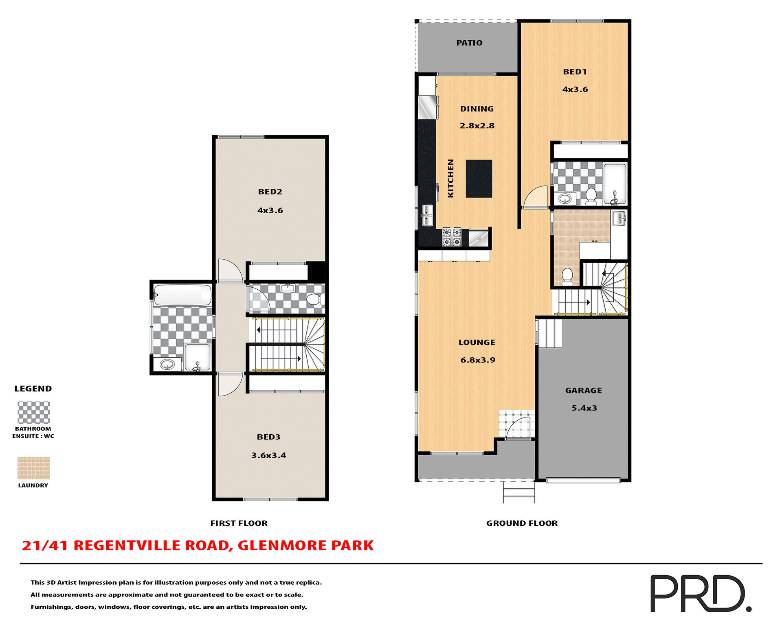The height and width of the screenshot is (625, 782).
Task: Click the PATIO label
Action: coord(469,43)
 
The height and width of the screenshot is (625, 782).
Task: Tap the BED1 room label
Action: coord(575,72)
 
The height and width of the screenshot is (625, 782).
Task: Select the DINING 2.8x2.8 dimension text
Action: coord(477,126)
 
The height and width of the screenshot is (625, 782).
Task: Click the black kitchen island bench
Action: coord(479,179)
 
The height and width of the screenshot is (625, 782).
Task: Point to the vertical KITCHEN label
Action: coord(450,178)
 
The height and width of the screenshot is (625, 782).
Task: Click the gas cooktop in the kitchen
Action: coord(452,237)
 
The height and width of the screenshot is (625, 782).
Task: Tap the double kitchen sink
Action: coord(427,215)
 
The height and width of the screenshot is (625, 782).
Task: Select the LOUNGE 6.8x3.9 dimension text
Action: coord(478,360)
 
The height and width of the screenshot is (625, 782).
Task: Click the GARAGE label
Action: coord(583,390)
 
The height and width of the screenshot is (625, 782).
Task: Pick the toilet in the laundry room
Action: coord(567,276)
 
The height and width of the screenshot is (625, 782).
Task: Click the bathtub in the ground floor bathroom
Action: coord(615,184)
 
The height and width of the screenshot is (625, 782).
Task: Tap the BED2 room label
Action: coord(270,192)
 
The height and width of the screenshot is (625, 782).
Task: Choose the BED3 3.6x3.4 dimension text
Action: coord(268,455)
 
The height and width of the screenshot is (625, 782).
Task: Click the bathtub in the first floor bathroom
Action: coord(182,295)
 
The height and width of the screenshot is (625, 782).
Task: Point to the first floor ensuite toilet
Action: coord(315,299)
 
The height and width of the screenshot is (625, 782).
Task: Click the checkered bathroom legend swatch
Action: coord(33,413)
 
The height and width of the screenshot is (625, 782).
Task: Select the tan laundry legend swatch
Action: coord(33,468)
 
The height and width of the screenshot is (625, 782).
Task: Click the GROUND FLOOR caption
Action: coord(522,523)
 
